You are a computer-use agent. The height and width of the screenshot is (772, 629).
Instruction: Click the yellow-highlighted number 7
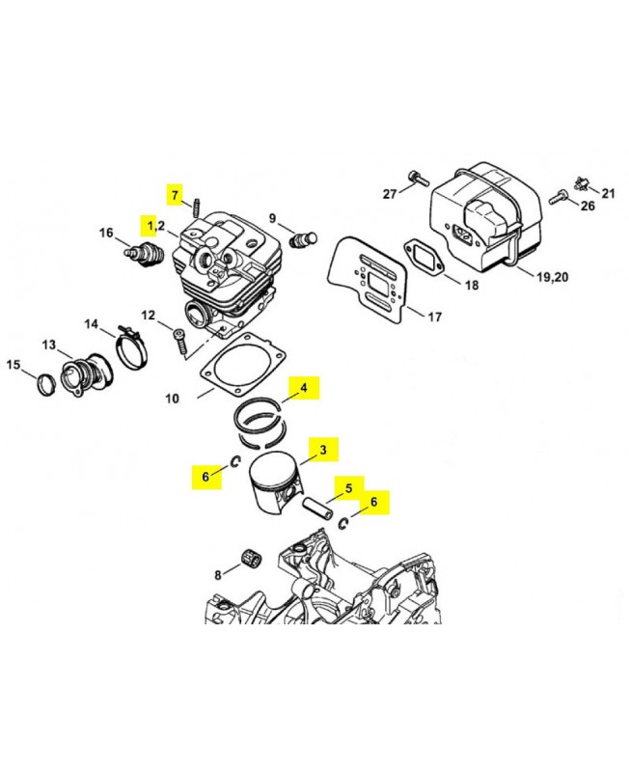pos(175,195)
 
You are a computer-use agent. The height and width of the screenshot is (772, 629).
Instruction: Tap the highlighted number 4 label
pos(304,388)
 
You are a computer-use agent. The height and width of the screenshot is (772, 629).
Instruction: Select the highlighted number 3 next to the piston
pos(323,450)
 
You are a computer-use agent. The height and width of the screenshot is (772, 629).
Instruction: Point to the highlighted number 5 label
pos(349,488)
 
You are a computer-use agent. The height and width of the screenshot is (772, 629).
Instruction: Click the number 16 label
pos(106,233)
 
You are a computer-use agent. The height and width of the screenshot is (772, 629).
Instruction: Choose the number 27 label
pos(390,194)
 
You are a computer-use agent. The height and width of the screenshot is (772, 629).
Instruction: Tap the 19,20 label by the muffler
pos(552,277)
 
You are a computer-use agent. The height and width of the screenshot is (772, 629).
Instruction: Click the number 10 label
pos(172,399)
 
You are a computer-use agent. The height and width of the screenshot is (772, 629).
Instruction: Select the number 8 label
pos(218,574)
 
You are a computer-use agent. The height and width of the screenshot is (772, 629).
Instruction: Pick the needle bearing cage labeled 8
pos(252,558)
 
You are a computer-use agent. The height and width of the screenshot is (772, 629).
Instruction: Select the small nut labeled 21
pos(583,183)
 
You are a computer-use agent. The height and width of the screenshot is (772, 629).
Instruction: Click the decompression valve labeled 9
pos(303,239)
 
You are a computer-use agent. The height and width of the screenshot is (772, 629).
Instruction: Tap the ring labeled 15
pos(47,384)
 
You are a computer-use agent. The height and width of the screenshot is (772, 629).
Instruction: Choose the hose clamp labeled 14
pos(130,347)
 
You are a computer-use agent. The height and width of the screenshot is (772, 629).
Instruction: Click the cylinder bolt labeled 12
pos(180,342)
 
